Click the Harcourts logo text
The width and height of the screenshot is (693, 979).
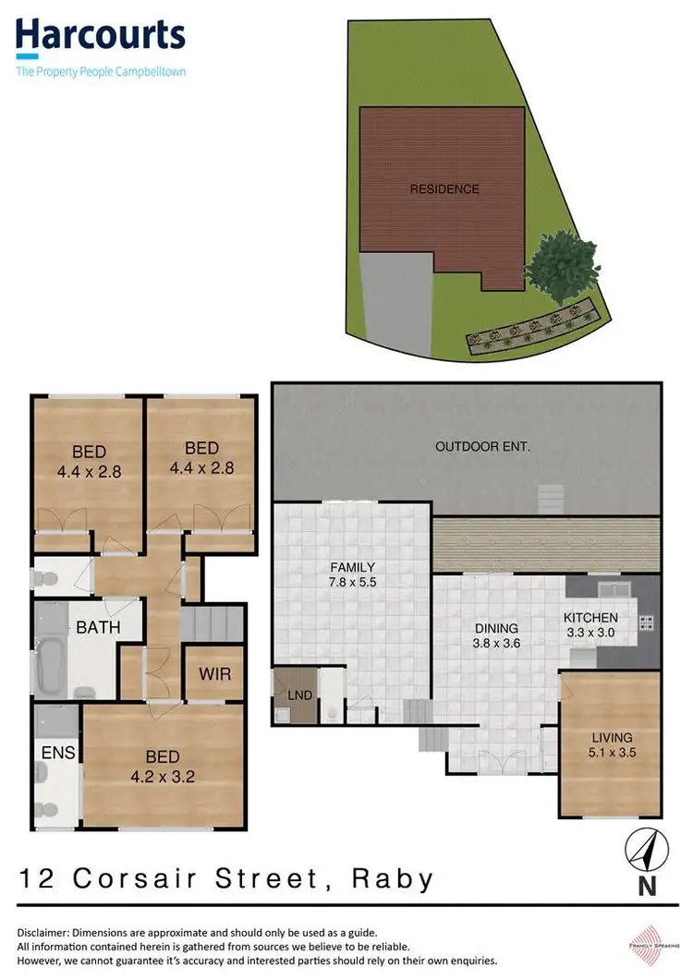100,37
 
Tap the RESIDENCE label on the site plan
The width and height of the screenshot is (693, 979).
444,189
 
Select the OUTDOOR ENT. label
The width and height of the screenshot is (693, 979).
482,447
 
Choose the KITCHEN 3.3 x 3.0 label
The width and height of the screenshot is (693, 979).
592,625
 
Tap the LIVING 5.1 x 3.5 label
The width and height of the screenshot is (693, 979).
613,744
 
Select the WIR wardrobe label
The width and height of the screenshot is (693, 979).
214,671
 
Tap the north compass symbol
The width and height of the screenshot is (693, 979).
647,850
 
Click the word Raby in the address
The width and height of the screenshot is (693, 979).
393,878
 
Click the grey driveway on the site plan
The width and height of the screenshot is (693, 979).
395,300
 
